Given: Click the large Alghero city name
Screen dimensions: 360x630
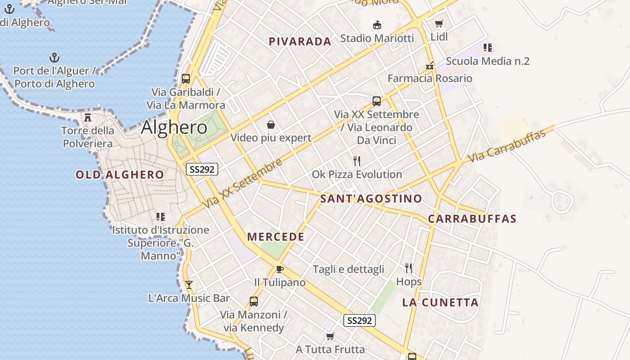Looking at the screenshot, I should (174, 127).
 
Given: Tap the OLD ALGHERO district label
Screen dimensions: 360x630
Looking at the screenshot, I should (120, 175).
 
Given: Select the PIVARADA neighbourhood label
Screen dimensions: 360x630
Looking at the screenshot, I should (300, 41).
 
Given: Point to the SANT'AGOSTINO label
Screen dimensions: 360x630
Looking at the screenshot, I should (371, 198).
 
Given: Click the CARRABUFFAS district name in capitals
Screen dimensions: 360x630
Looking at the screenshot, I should (472, 219).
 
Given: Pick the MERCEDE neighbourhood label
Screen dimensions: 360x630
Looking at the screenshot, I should (276, 237).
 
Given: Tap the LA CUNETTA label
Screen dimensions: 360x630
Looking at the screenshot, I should (441, 302).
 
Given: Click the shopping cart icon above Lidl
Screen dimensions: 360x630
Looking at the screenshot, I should (439, 24).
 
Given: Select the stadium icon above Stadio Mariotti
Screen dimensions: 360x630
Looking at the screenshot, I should (377, 25).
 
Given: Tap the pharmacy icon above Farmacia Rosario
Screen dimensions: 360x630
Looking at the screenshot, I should (430, 65).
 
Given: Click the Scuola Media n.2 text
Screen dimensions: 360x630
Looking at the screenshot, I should (488, 61).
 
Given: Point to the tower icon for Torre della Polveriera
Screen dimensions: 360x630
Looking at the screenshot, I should (88, 117).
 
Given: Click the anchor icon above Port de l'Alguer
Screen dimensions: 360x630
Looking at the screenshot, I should (54, 58).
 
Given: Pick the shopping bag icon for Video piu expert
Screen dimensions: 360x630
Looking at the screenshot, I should (271, 124).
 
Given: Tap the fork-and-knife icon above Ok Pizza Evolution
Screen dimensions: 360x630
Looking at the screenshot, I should (357, 161).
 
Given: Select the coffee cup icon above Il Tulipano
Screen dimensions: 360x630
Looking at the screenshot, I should (280, 269).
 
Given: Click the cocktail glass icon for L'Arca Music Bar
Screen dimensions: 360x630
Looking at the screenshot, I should (189, 284).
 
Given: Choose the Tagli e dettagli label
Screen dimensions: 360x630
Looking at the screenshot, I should (348, 269).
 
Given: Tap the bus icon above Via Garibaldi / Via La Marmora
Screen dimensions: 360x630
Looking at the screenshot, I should (186, 79).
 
